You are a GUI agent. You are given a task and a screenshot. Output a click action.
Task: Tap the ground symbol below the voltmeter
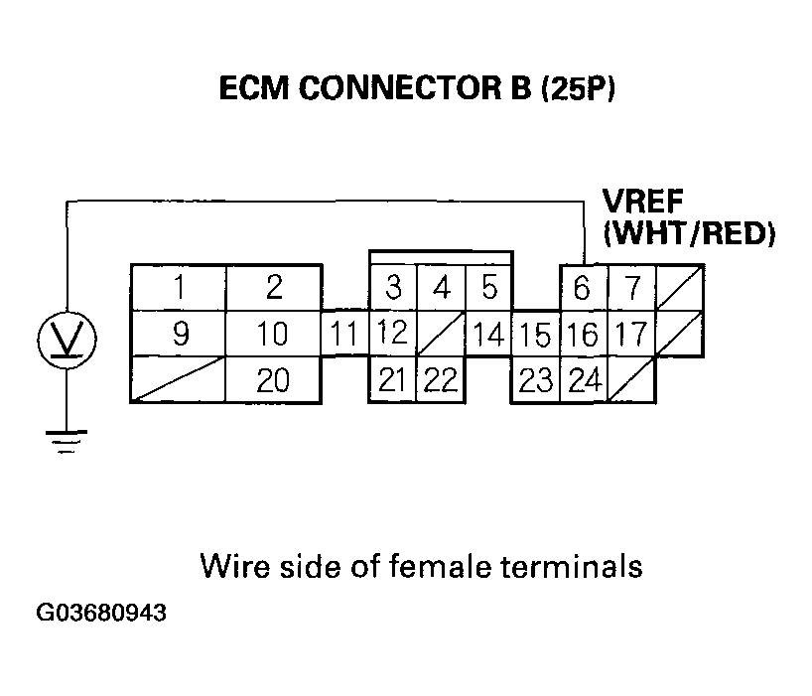pos(67,439)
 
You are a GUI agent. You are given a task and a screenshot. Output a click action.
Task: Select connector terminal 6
pos(583,289)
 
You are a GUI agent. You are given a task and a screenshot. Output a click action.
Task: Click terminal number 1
pos(180,289)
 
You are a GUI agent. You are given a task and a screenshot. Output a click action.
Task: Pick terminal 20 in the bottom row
pos(274,379)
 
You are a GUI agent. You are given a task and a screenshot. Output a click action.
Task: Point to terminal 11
pos(344,334)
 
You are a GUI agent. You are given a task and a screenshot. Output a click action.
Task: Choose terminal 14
pos(487,334)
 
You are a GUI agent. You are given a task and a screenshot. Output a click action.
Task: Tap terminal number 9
pos(180,334)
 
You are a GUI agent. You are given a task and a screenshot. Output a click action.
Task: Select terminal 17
pos(630,334)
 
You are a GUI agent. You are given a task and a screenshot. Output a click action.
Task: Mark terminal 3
pos(393,289)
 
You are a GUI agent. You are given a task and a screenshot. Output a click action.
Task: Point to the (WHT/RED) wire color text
pos(688,234)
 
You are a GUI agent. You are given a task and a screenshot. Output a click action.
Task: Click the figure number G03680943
pos(102,613)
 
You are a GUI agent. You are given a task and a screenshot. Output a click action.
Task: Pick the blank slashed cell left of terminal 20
pos(180,379)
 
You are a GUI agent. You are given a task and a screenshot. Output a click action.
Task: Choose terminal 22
pos(441,379)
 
